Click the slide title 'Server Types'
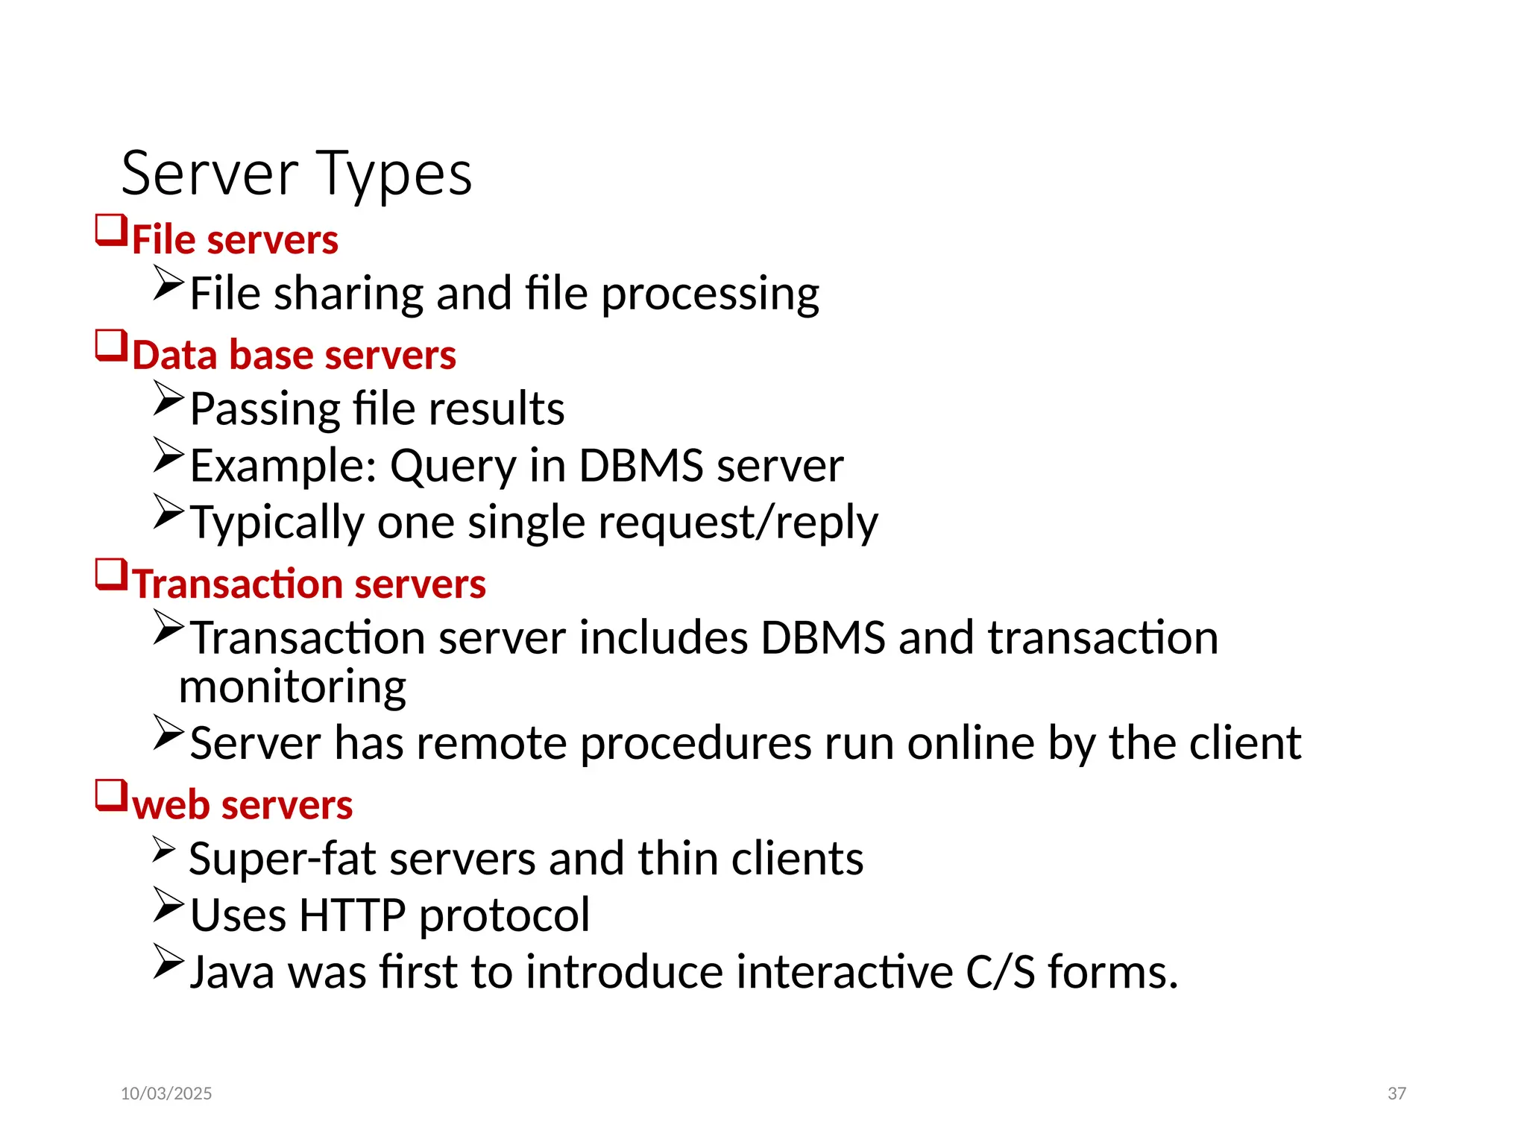click(x=296, y=174)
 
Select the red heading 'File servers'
click(x=235, y=240)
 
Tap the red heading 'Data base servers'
click(x=294, y=355)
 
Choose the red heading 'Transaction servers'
click(x=309, y=584)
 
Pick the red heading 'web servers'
click(x=242, y=805)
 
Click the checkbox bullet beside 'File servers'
click(x=111, y=230)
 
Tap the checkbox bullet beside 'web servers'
click(x=111, y=795)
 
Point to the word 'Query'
click(x=453, y=467)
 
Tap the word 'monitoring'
click(x=292, y=687)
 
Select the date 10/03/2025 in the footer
click(x=166, y=1094)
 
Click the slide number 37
click(x=1397, y=1094)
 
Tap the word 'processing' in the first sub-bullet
click(x=710, y=294)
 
